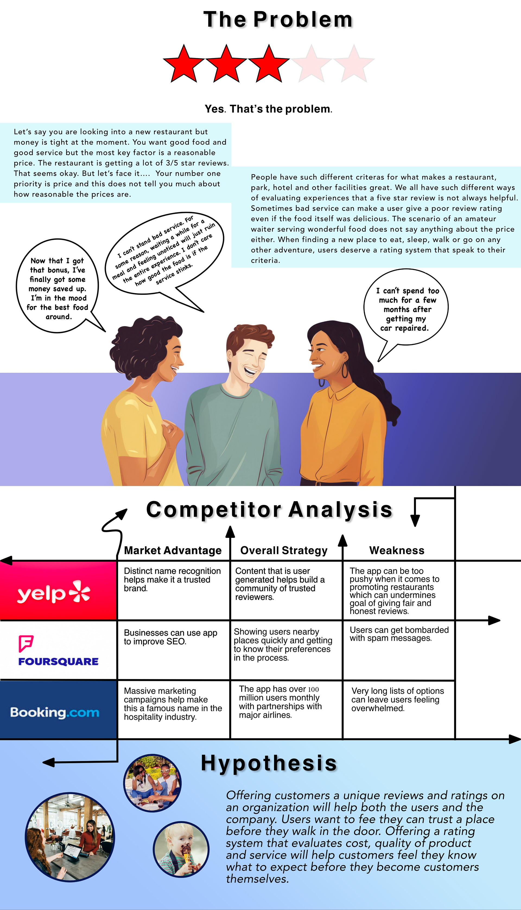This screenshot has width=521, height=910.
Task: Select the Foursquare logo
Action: (58, 651)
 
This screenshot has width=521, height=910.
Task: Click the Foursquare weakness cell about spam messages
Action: (399, 634)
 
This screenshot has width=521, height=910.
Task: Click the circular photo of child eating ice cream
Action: (181, 849)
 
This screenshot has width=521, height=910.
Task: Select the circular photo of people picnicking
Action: (153, 783)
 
